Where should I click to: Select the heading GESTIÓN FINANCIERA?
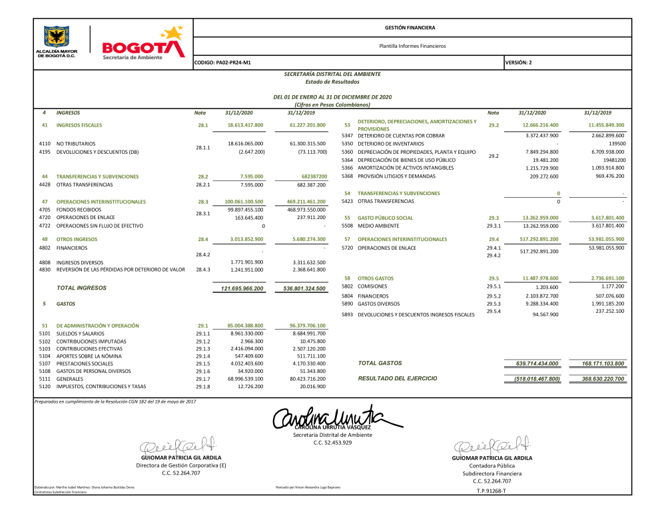410,28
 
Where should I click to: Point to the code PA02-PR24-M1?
222,63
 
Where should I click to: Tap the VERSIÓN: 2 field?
519,63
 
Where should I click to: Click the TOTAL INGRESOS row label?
81,288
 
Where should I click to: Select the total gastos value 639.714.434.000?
537,364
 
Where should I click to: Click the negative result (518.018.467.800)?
537,378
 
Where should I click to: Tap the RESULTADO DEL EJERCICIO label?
398,378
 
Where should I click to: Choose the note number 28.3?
203,201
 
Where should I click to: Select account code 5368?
346,176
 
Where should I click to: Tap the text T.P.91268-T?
492,491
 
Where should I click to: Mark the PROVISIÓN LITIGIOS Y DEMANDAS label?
398,176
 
